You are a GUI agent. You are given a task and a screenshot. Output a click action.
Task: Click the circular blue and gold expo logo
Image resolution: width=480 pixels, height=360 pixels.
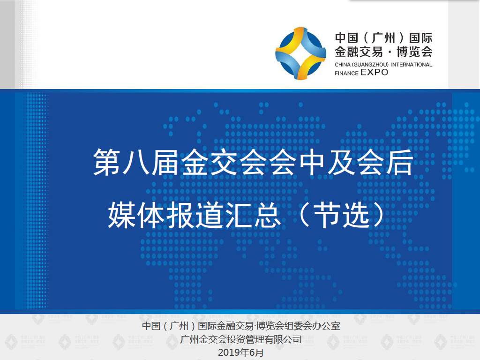coord(300,53)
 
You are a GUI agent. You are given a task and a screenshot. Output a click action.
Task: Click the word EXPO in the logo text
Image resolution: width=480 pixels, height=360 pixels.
coord(375,73)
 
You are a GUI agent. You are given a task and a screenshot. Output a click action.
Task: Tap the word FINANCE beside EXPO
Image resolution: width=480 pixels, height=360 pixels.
coord(346,73)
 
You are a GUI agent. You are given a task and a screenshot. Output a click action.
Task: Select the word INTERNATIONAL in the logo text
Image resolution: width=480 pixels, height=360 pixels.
coord(412,65)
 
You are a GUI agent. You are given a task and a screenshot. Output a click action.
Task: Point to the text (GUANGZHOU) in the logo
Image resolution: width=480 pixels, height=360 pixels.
coord(370,65)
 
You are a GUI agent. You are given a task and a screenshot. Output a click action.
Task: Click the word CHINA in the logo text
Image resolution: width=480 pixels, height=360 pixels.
coord(343,65)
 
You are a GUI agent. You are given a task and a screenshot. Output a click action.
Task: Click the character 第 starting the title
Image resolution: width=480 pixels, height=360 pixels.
coord(106,162)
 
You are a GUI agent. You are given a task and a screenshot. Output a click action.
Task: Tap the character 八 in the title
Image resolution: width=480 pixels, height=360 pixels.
coord(136,162)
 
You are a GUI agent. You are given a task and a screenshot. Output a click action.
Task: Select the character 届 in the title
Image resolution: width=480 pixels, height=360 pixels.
coord(165,162)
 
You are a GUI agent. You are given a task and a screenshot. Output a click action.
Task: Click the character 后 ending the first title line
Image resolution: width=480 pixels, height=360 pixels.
coord(399,162)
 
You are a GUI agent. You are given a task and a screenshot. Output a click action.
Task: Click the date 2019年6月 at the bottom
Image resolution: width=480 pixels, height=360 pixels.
coord(240,352)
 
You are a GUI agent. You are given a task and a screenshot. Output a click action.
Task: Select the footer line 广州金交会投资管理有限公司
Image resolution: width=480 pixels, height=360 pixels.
coord(241,339)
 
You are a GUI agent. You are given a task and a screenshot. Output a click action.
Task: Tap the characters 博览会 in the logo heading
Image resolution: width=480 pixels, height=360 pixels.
coord(414,52)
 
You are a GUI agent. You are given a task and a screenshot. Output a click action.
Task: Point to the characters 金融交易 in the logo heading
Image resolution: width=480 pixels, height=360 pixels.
coord(359,52)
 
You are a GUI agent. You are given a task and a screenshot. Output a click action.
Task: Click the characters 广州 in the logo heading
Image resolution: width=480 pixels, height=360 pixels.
coord(383,38)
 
